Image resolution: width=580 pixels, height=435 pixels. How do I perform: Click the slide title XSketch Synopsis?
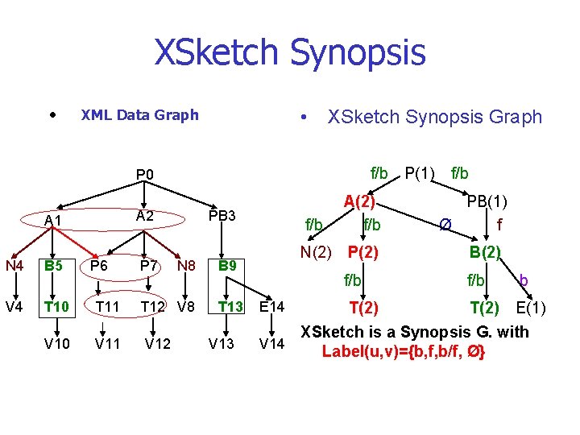click(289, 52)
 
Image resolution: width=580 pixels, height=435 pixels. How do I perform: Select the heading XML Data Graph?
click(139, 114)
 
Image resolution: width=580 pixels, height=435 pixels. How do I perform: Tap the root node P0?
click(150, 174)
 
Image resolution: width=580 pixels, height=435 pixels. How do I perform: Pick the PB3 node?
click(222, 216)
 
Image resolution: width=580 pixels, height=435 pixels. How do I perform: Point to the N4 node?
click(14, 264)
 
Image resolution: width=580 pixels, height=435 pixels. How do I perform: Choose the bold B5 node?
click(55, 265)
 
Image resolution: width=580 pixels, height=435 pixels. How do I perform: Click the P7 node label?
click(147, 265)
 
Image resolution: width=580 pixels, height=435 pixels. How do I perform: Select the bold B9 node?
click(228, 265)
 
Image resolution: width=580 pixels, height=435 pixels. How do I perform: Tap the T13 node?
click(231, 306)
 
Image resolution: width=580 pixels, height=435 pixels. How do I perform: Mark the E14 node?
click(272, 306)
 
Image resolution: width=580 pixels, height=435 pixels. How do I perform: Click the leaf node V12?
click(158, 345)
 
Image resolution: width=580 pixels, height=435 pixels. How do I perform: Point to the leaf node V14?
click(272, 345)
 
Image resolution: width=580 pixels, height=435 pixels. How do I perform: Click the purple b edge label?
click(524, 280)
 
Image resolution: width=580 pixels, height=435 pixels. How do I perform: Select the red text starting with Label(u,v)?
click(404, 351)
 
